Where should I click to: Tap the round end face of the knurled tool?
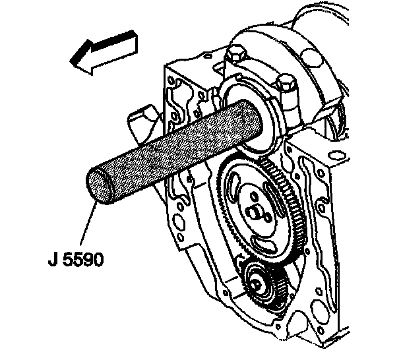98,185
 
